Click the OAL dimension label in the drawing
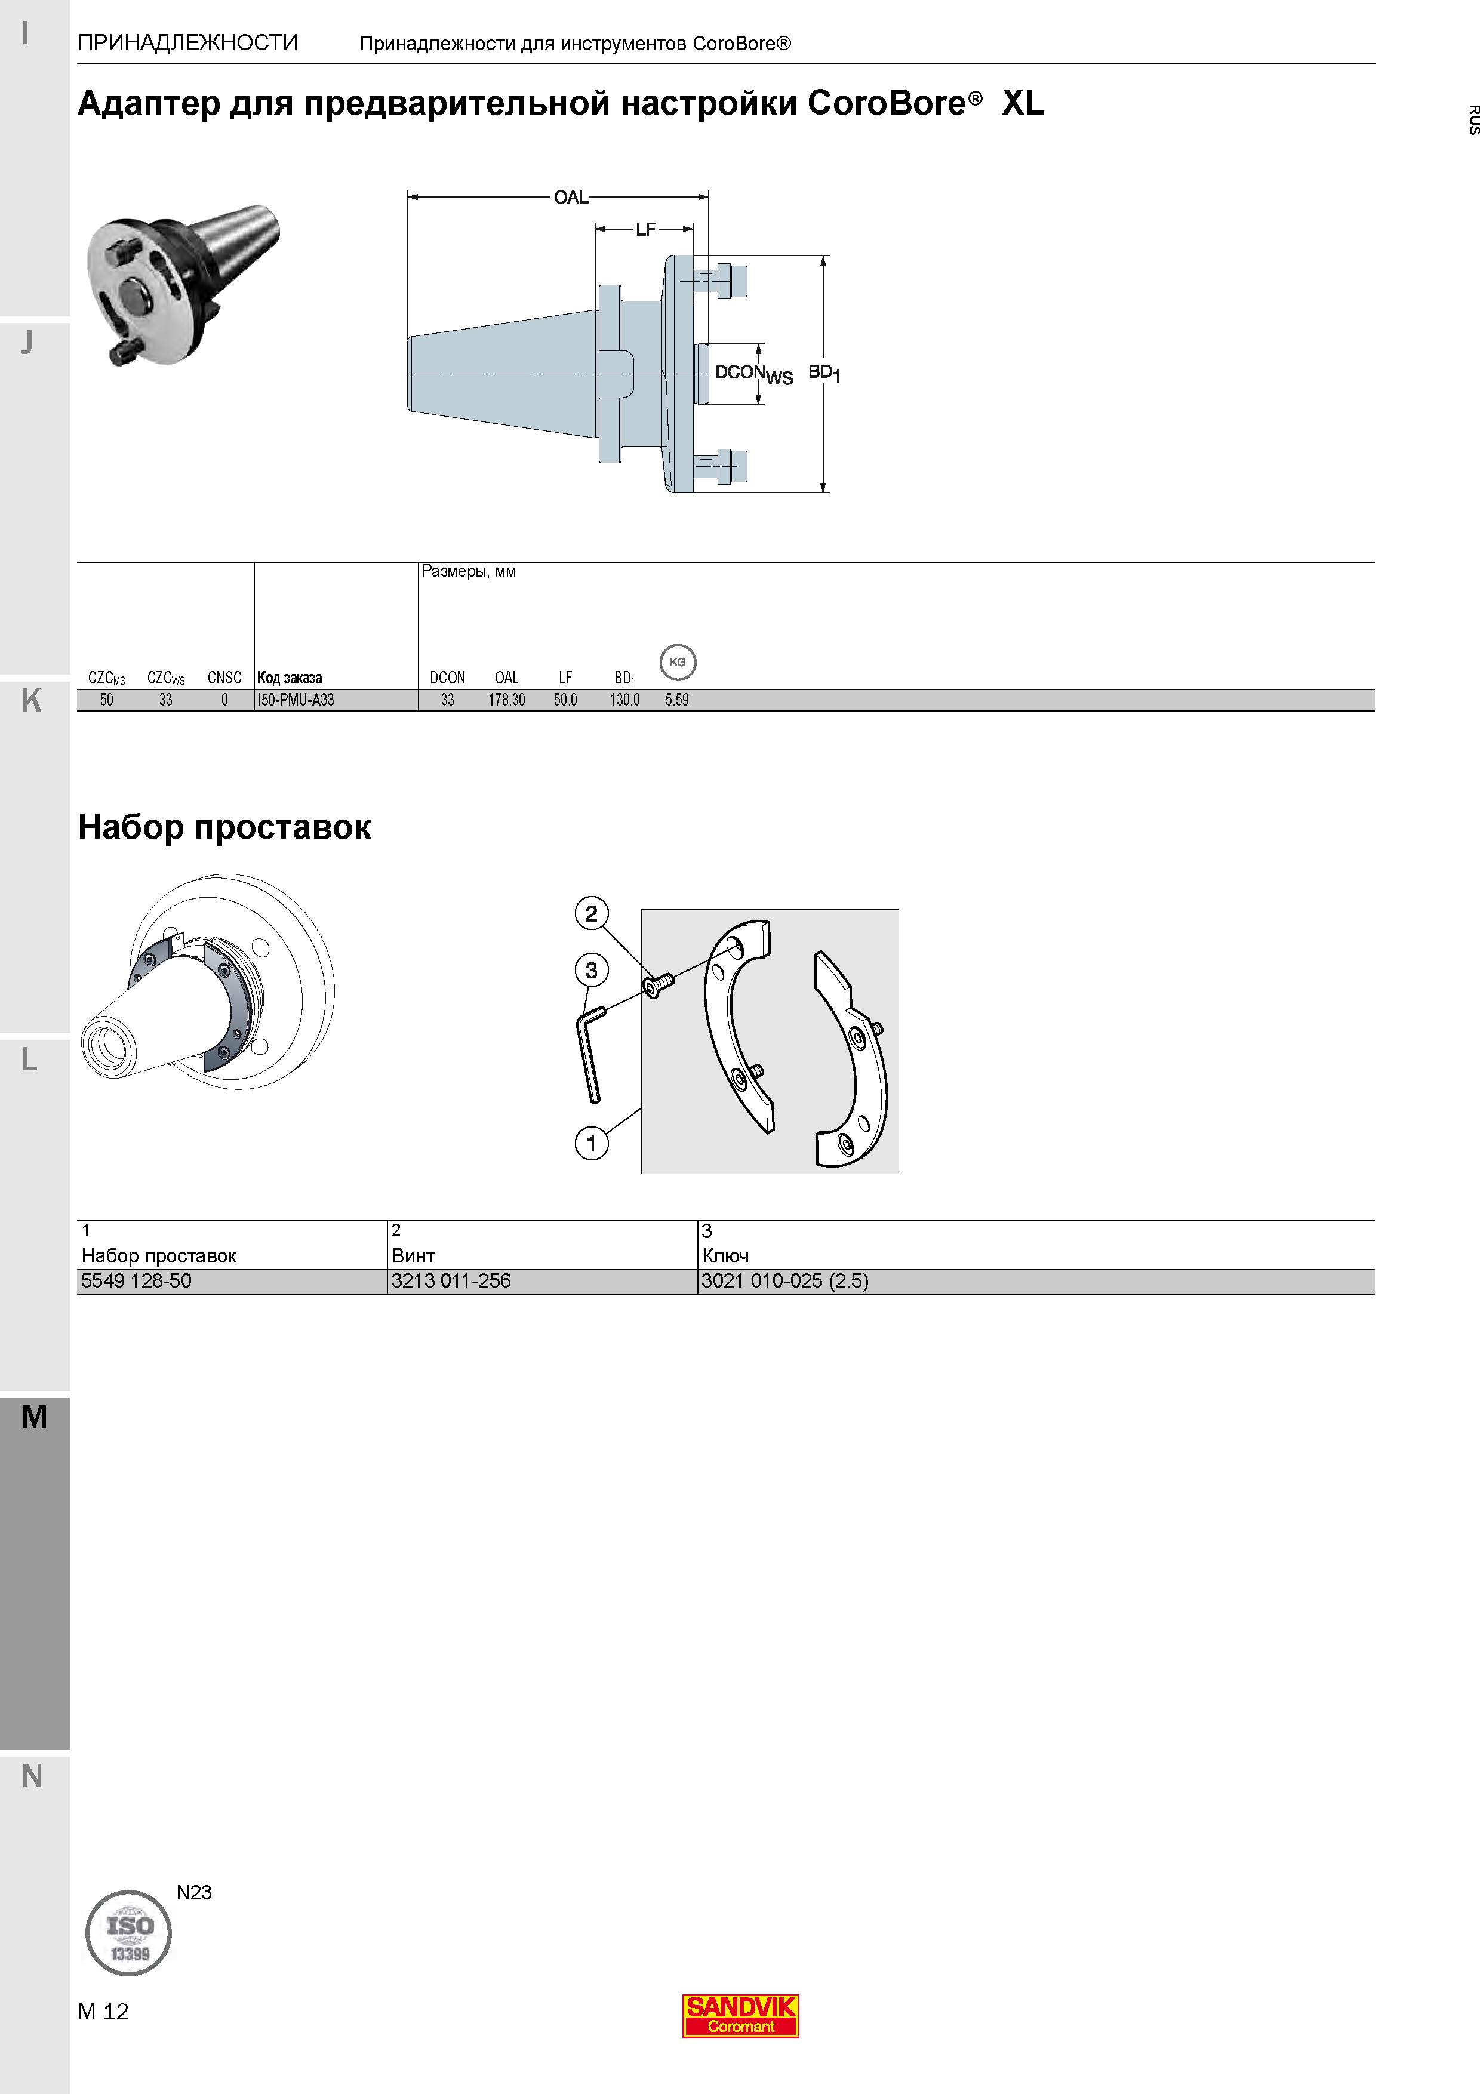point(571,197)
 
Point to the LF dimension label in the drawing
point(645,229)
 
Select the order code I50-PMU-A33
point(296,700)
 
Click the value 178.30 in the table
point(507,700)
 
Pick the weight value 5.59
point(676,700)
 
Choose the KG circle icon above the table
point(678,662)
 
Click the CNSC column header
point(224,678)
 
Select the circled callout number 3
point(592,971)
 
